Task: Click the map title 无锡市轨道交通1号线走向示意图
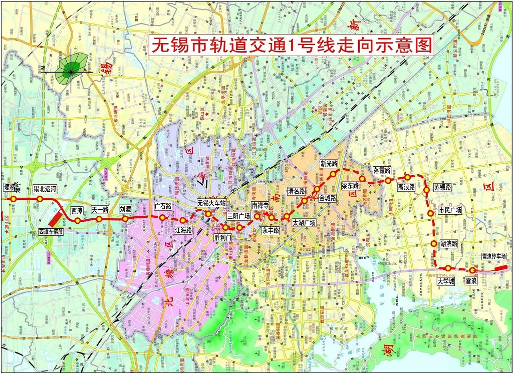click(x=291, y=46)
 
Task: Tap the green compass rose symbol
click(x=71, y=70)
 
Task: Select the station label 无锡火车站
click(x=211, y=203)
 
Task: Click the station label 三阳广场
click(x=238, y=216)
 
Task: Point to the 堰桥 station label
click(x=11, y=188)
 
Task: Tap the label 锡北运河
click(x=45, y=189)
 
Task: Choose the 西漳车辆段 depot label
click(x=52, y=232)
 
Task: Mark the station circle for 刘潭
click(x=125, y=219)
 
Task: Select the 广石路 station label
click(x=163, y=206)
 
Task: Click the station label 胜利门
click(x=222, y=237)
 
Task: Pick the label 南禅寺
click(x=261, y=205)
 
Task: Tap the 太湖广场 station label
click(x=304, y=223)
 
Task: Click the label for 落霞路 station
click(x=382, y=170)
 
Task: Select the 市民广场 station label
click(x=449, y=210)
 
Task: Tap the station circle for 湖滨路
click(x=434, y=244)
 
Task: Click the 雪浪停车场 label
click(x=493, y=256)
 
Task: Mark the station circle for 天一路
click(x=99, y=219)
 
